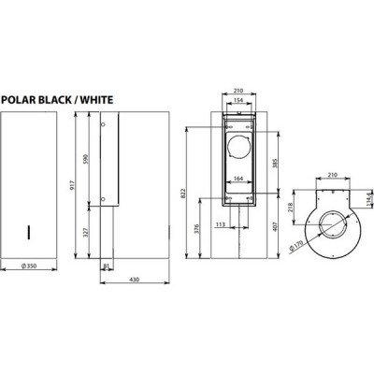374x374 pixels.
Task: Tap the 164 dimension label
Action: click(238, 178)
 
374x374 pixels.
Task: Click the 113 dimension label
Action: click(219, 224)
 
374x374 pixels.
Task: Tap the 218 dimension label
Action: click(292, 210)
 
